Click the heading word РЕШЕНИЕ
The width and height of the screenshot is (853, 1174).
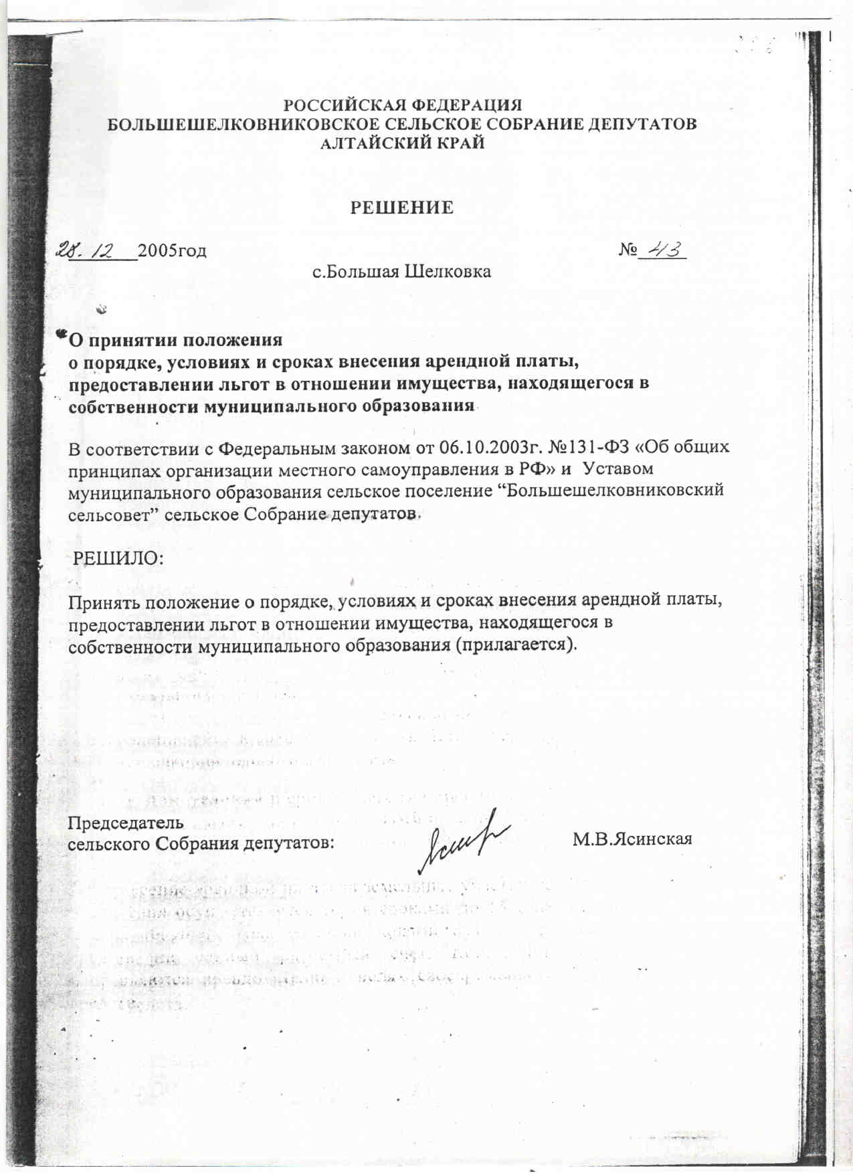(x=402, y=207)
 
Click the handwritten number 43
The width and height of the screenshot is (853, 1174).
(x=662, y=250)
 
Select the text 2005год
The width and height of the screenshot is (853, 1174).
(x=172, y=251)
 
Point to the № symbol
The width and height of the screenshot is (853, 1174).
(x=627, y=250)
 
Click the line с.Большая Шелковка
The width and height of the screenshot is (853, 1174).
(x=402, y=272)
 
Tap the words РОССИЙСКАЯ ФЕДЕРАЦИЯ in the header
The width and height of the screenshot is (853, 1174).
(x=403, y=106)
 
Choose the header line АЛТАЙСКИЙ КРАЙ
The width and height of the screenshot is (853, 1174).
(x=402, y=143)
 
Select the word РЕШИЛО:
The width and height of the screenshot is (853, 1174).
(x=118, y=558)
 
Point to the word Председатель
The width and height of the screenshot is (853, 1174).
(x=126, y=823)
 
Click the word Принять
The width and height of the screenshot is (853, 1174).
(x=102, y=601)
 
